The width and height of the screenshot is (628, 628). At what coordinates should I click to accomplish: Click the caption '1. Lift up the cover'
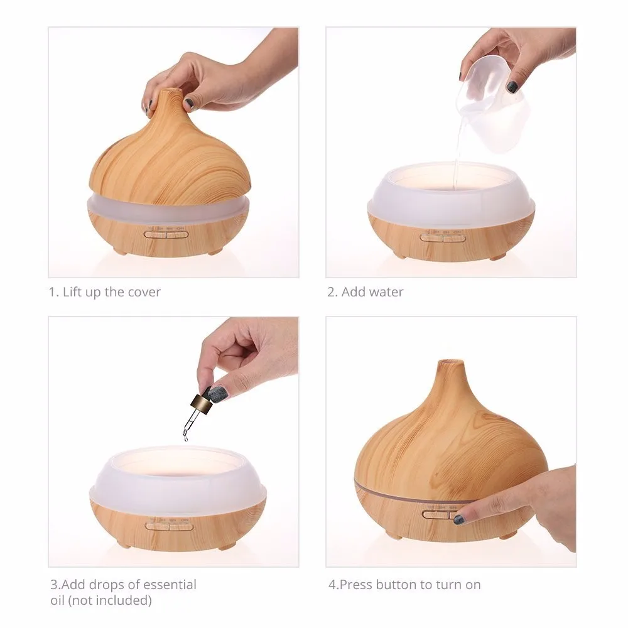coord(105,292)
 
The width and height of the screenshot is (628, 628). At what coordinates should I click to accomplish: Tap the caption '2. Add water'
coord(365,292)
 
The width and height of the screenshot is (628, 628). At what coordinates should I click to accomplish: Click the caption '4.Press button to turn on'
coord(404,585)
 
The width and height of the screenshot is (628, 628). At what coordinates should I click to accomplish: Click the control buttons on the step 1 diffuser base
coord(166,234)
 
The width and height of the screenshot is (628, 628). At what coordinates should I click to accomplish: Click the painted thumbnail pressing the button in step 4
coord(460,519)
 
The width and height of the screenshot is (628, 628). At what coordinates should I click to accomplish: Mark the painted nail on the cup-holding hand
coord(512,87)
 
